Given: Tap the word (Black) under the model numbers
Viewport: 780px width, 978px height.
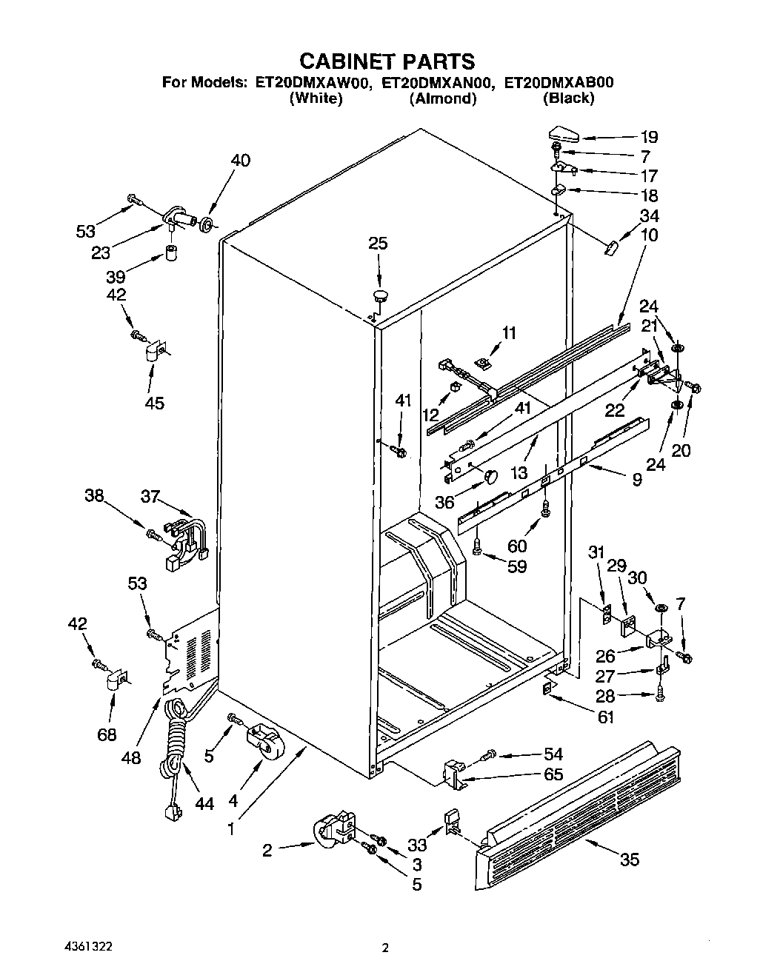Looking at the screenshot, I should click(568, 98).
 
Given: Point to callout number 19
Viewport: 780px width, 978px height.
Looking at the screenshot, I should click(648, 137).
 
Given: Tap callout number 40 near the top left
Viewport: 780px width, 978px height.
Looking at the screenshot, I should click(240, 161).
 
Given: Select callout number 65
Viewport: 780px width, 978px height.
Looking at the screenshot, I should click(553, 774).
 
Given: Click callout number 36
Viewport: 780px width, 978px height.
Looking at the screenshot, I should click(445, 502).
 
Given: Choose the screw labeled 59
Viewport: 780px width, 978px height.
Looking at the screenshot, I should click(478, 547).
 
